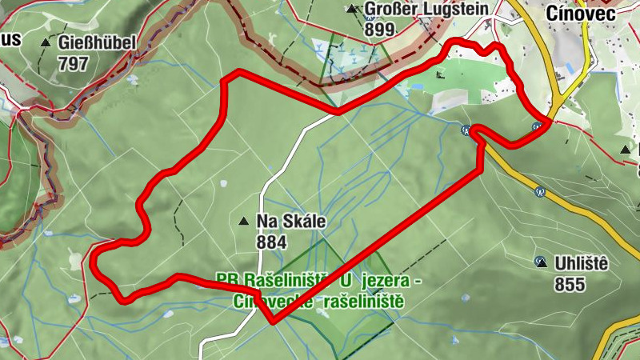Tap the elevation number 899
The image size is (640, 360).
pos(379,30)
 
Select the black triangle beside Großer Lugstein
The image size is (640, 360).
pos(351,10)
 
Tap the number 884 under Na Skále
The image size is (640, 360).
pos(273,240)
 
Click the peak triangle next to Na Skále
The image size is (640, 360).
pos(244,220)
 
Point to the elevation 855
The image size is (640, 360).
pos(569,283)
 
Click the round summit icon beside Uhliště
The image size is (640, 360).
pos(541,262)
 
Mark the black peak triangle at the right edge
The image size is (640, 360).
pos(626,150)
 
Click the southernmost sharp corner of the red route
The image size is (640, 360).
pos(273,322)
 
